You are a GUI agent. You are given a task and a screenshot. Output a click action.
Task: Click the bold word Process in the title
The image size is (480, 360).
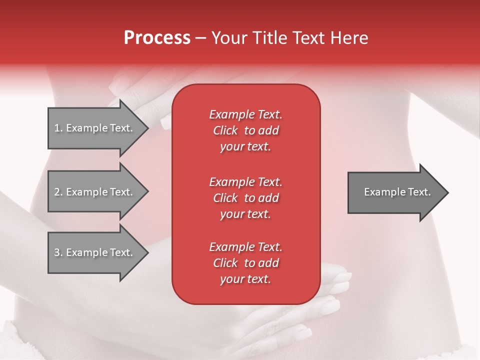[157, 38]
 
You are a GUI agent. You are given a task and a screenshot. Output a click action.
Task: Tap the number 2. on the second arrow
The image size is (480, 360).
[58, 192]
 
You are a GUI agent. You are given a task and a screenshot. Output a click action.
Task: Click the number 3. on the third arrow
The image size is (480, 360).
[58, 252]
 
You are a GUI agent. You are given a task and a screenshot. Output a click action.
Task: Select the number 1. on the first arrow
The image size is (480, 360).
[58, 128]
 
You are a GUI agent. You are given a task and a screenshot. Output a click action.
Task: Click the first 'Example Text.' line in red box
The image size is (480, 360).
[245, 114]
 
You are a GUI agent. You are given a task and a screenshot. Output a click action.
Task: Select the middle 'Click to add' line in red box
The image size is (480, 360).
[245, 198]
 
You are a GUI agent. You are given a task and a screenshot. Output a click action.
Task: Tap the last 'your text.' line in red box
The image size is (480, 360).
[245, 279]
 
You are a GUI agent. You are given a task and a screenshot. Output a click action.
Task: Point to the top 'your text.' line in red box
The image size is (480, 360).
[245, 146]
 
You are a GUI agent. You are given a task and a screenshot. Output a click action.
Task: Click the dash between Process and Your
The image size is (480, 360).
[200, 38]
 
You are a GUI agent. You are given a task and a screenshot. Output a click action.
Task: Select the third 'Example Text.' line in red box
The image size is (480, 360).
[245, 247]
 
